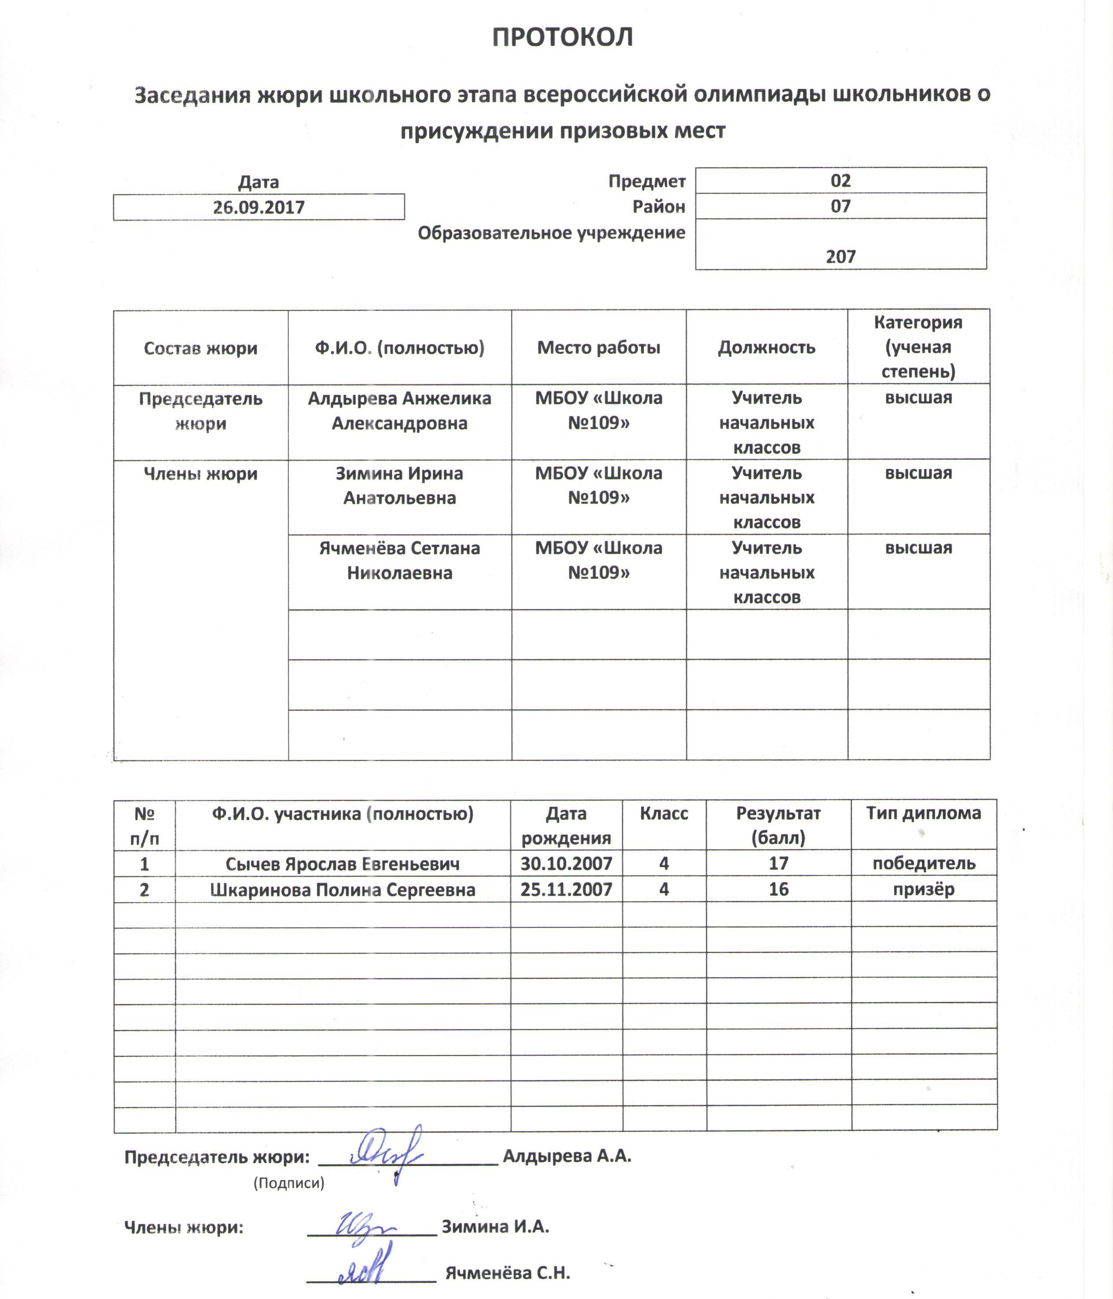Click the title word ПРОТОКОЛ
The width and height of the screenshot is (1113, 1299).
[x=562, y=37]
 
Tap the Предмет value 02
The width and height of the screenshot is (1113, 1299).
[x=840, y=181]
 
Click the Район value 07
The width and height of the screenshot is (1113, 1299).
[x=840, y=206]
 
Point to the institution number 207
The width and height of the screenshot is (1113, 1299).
[x=840, y=256]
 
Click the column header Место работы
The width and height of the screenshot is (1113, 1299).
[x=598, y=347]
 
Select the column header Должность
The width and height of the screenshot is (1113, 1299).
[x=767, y=347]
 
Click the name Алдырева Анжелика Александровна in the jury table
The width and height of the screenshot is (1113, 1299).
[x=399, y=411]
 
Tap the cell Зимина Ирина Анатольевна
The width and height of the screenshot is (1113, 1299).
[x=399, y=486]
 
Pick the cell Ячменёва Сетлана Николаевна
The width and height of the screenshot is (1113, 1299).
[x=399, y=561]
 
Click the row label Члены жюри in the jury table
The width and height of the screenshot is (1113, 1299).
[x=200, y=474]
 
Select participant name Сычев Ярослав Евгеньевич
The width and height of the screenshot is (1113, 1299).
[x=342, y=864]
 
